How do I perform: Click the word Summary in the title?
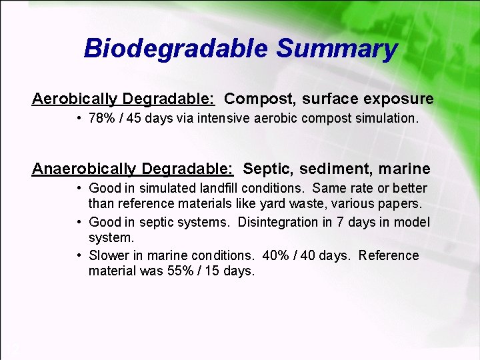tap(337, 49)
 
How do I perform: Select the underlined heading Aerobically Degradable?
tap(123, 99)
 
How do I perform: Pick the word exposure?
tap(398, 99)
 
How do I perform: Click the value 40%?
tap(275, 255)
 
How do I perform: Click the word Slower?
tap(110, 255)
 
